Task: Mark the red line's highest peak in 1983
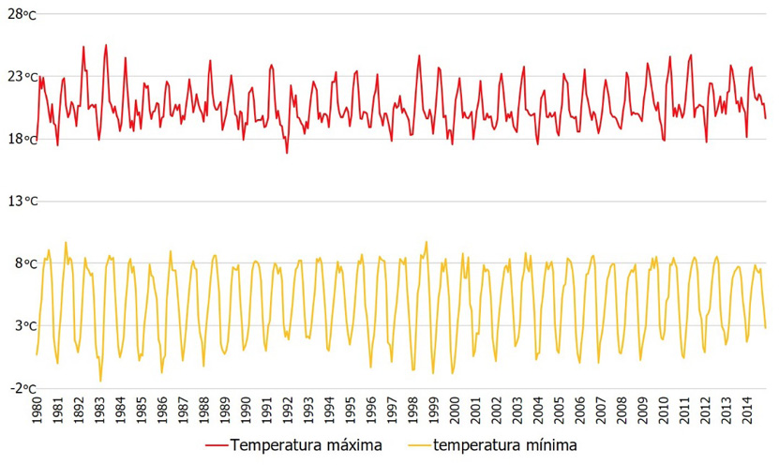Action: [106, 45]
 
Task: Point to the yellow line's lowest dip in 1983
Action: [100, 381]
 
